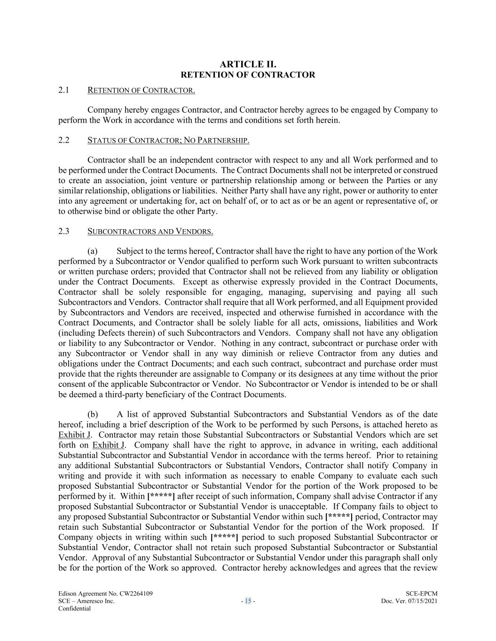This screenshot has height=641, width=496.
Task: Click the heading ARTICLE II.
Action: pyautogui.click(x=248, y=64)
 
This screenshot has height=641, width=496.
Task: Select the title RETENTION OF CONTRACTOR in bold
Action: pyautogui.click(x=248, y=75)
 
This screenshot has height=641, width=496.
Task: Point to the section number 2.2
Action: pyautogui.click(x=64, y=140)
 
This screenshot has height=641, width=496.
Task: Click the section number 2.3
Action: pyautogui.click(x=64, y=231)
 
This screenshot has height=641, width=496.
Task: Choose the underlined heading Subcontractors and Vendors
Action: pyautogui.click(x=150, y=231)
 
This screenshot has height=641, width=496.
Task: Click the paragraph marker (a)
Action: pyautogui.click(x=93, y=251)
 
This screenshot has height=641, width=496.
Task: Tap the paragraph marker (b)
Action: pyautogui.click(x=93, y=414)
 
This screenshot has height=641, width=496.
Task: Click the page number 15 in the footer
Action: pyautogui.click(x=248, y=601)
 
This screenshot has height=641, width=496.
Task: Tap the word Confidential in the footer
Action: pyautogui.click(x=74, y=609)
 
